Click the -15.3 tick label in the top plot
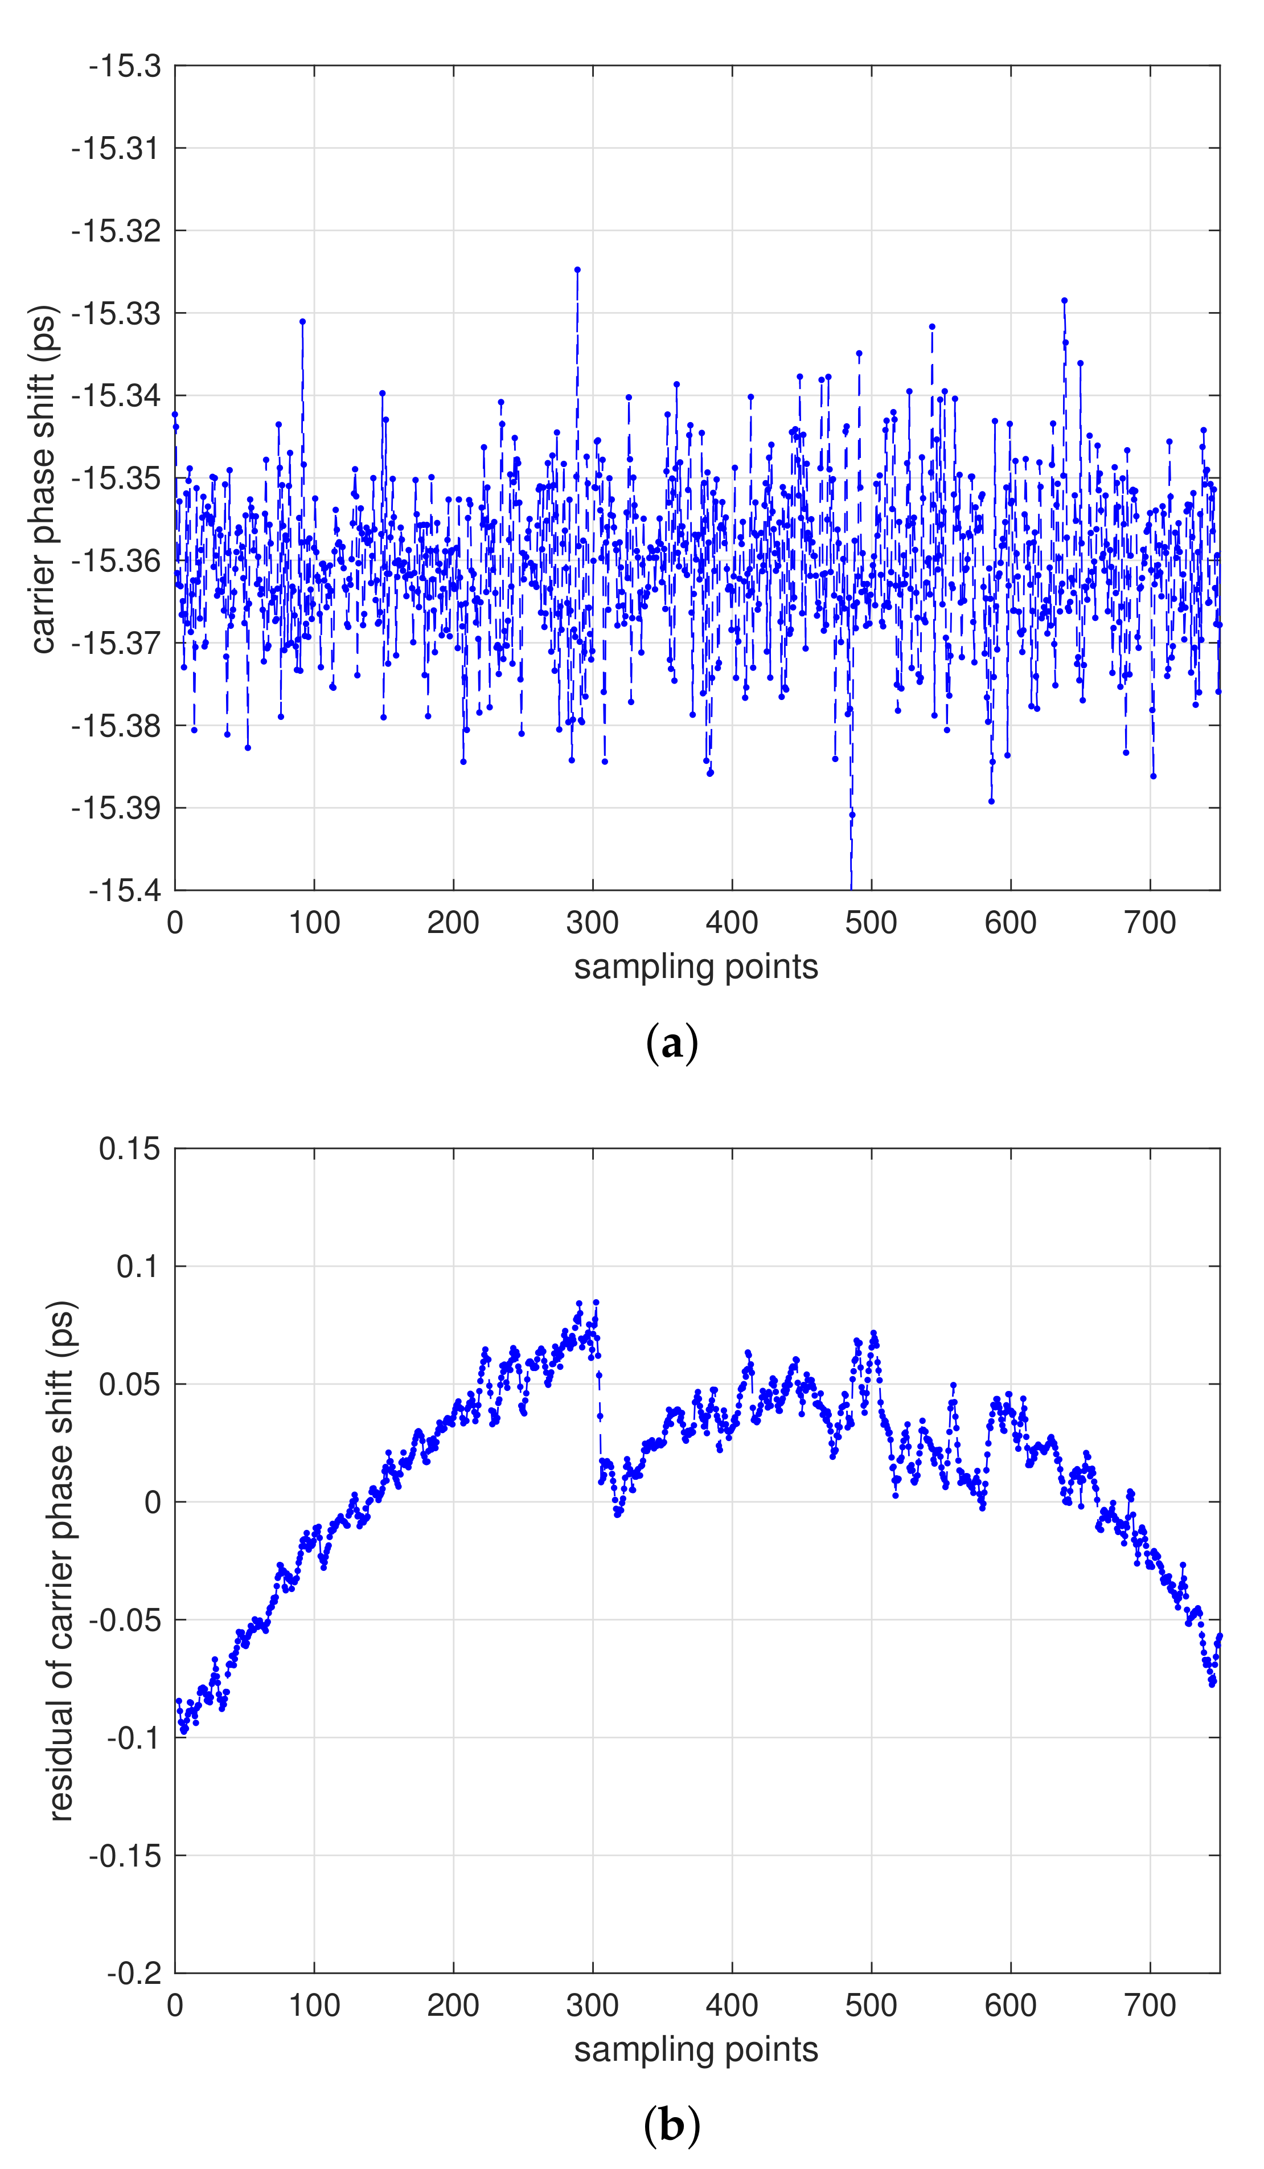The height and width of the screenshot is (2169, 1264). [125, 66]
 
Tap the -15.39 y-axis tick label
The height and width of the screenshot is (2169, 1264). [116, 808]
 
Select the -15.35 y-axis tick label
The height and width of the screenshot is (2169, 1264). [116, 478]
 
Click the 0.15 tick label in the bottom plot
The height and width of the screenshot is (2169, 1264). [129, 1149]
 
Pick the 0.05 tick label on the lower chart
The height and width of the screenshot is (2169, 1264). [129, 1385]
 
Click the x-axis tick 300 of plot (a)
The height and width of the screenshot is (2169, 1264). [592, 923]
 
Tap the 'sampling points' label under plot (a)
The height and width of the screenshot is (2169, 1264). [696, 967]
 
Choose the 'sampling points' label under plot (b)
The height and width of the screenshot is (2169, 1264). [696, 2050]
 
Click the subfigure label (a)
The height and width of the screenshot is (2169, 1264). [671, 1044]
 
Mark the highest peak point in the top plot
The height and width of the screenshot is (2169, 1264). [577, 269]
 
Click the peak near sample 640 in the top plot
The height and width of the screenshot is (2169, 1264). [1064, 300]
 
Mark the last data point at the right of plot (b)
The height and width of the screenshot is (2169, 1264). [1219, 1635]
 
